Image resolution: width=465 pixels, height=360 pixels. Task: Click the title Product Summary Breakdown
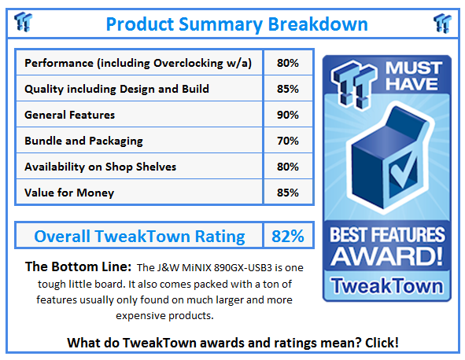pyautogui.click(x=236, y=24)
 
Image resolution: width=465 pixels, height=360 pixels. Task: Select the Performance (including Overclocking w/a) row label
pyautogui.click(x=138, y=63)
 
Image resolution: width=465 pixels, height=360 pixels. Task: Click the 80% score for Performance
pyautogui.click(x=287, y=63)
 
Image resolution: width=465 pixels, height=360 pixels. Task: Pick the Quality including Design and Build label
pyautogui.click(x=116, y=89)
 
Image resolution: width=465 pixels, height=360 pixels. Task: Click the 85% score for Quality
pyautogui.click(x=287, y=89)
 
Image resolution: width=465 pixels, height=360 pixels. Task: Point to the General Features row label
pyautogui.click(x=69, y=115)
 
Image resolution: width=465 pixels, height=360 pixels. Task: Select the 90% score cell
pyautogui.click(x=287, y=115)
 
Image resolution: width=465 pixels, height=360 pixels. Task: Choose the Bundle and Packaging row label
pyautogui.click(x=83, y=141)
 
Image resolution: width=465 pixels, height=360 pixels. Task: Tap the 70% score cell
pyautogui.click(x=287, y=141)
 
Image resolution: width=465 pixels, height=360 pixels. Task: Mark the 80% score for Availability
pyautogui.click(x=287, y=167)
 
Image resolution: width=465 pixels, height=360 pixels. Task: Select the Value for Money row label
pyautogui.click(x=69, y=193)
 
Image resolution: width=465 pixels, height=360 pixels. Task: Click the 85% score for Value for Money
pyautogui.click(x=287, y=193)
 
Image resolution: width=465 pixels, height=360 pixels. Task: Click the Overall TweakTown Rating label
pyautogui.click(x=139, y=236)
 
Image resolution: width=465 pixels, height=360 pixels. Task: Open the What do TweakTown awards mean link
pyautogui.click(x=233, y=343)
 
